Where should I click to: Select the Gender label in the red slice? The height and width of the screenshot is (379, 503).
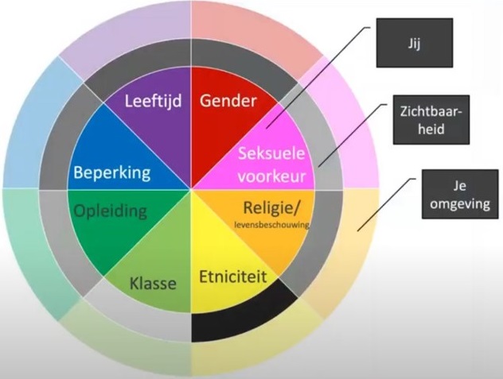tap(228, 102)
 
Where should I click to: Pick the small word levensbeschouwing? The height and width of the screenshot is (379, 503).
tap(271, 226)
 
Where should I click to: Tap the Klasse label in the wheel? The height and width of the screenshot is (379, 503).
tap(152, 282)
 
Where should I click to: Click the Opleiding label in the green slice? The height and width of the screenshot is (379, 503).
tap(110, 211)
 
